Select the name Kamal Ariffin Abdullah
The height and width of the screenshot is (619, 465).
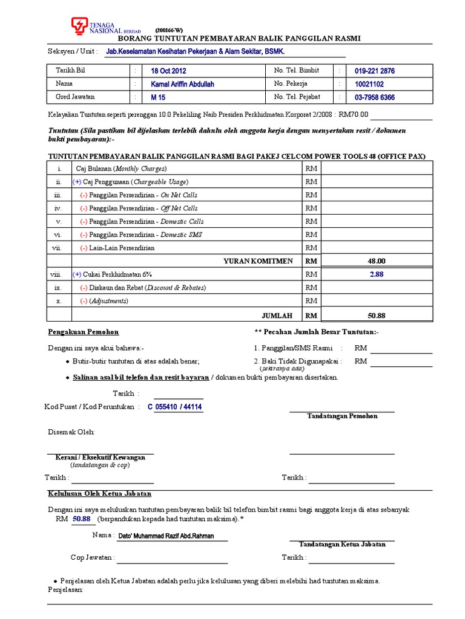pos(182,84)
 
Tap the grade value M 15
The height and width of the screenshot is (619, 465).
pos(158,97)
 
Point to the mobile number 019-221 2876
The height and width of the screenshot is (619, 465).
pos(375,71)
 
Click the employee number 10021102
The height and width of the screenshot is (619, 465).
pos(369,84)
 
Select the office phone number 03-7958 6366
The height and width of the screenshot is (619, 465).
pos(375,97)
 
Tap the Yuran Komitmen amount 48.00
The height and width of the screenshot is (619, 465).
pos(377,261)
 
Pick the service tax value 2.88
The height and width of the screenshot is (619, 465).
pos(377,274)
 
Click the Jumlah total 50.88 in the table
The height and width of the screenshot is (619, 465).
pos(377,316)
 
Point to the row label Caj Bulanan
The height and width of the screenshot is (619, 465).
pos(120,169)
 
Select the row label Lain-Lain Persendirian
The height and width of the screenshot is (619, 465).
pos(117,248)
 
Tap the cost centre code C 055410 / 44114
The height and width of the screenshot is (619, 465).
pos(175,407)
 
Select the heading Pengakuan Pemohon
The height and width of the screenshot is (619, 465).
pos(84,332)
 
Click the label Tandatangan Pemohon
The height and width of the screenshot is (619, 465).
pos(342,416)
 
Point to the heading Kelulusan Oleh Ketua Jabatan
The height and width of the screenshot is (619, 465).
pos(99,494)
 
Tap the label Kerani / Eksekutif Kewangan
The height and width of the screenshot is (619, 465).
pos(101,458)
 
